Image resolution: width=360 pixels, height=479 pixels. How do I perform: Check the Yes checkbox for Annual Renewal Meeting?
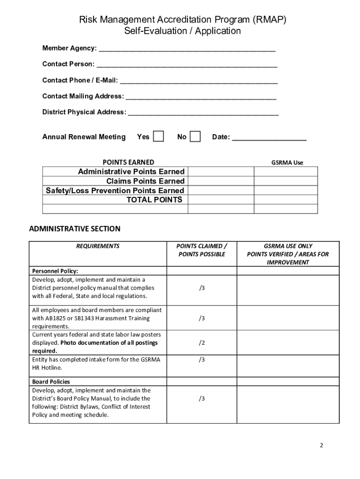click(159, 136)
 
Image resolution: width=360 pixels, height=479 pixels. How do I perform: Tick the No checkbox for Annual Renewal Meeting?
click(195, 136)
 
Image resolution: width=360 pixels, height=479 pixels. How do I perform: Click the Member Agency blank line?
click(187, 49)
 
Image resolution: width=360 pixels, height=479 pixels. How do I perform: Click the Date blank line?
click(269, 138)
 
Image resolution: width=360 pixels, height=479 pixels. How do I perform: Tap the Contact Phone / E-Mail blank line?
click(199, 80)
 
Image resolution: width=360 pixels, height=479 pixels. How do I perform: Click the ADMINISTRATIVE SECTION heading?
click(75, 229)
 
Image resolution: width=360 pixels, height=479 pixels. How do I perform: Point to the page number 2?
click(321, 445)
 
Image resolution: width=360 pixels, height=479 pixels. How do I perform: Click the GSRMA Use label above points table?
click(287, 162)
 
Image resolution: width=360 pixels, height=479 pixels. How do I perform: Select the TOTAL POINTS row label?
click(154, 200)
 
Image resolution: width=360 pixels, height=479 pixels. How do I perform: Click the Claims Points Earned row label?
click(145, 181)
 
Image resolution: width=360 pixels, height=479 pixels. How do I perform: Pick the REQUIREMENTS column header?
click(98, 246)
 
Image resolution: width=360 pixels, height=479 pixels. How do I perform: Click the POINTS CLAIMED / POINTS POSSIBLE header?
click(202, 250)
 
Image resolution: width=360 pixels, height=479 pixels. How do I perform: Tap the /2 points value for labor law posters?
click(202, 343)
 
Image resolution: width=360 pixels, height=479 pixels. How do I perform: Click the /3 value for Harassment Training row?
click(202, 318)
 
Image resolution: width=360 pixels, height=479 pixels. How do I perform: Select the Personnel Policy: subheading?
click(55, 271)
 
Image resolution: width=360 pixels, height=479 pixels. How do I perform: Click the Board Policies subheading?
click(51, 382)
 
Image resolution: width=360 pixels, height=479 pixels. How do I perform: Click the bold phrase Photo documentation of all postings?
click(109, 343)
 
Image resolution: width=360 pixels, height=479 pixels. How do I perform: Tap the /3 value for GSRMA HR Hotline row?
click(202, 359)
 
